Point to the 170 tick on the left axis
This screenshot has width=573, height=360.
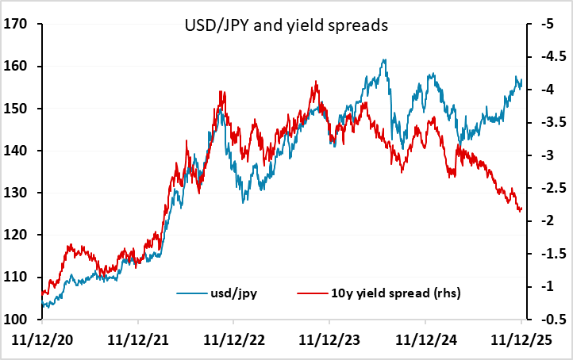pyautogui.click(x=17, y=24)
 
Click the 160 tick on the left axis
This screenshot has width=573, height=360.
pyautogui.click(x=17, y=67)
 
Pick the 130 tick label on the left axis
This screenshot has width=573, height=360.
pyautogui.click(x=17, y=193)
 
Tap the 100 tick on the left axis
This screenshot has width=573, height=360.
pyautogui.click(x=17, y=319)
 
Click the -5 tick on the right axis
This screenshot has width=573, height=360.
pyautogui.click(x=546, y=24)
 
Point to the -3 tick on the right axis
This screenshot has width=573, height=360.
pyautogui.click(x=546, y=155)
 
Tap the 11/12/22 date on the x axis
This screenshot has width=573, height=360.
pyautogui.click(x=233, y=340)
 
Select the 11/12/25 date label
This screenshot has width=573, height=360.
pyautogui.click(x=520, y=340)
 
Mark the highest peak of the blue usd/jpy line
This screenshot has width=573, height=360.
pyautogui.click(x=384, y=60)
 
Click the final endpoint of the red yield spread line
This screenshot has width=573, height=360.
pyautogui.click(x=521, y=210)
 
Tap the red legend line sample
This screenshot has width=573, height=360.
pyautogui.click(x=312, y=293)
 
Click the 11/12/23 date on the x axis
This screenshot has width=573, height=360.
pyautogui.click(x=329, y=340)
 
